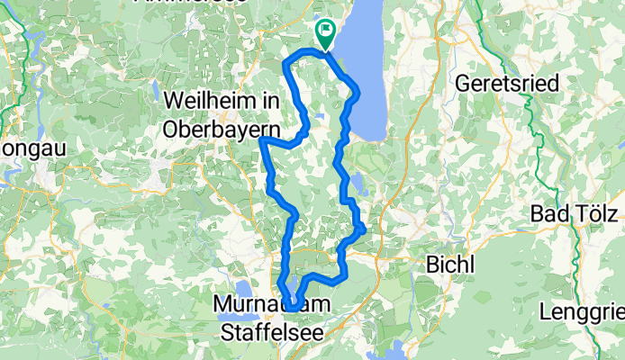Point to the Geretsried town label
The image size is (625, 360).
pos(506,83)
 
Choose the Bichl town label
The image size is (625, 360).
pos(446,267)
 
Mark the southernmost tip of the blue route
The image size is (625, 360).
pos(294,309)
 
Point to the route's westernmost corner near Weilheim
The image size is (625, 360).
pos(261,139)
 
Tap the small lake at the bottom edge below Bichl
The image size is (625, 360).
pos(394,350)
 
